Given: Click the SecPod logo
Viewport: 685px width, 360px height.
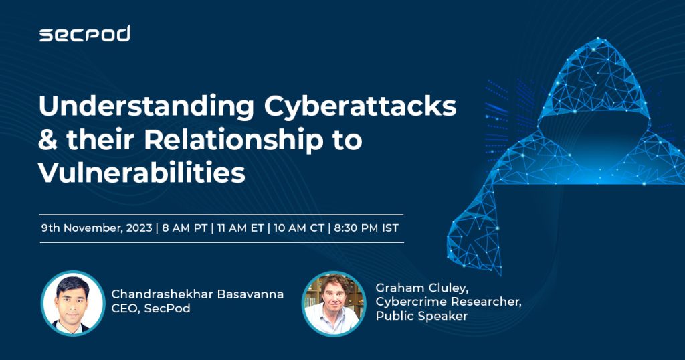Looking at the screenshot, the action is (85, 33).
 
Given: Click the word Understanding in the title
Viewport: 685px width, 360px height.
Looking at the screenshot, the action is (146, 107).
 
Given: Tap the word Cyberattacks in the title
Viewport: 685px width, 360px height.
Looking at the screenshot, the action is (360, 107).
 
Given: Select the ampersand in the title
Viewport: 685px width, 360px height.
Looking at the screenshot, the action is (47, 140).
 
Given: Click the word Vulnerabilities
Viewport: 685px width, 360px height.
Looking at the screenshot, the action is (142, 172).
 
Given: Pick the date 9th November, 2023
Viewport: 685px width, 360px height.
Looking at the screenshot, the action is (96, 228).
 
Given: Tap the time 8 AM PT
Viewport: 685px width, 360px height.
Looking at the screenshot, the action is (185, 228).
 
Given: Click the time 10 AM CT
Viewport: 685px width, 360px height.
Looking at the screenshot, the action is (299, 228).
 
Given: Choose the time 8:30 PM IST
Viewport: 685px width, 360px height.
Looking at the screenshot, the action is (367, 228).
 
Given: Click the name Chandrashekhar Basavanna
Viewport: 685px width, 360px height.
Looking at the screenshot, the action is (197, 294).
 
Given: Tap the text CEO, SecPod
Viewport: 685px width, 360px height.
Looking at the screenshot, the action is (151, 308).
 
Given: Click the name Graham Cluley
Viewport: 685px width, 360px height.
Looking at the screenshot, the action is (421, 288).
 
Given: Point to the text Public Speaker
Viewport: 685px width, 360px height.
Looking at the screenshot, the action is (421, 316).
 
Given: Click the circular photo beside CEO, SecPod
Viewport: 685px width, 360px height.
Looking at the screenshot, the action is (73, 303).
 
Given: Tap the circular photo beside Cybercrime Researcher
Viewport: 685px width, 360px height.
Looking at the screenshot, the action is (334, 303).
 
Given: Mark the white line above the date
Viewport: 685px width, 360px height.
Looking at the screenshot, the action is (221, 215).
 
